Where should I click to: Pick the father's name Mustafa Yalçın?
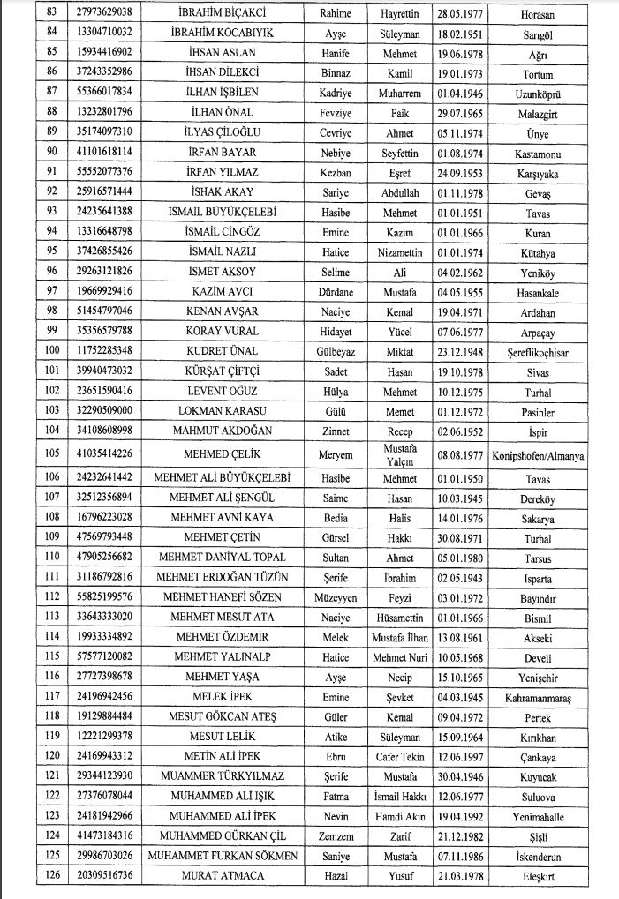(399, 455)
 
